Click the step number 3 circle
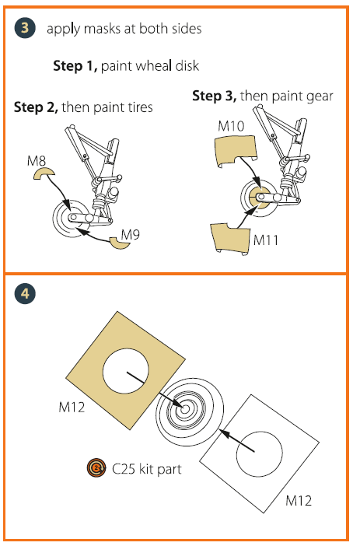click(x=25, y=28)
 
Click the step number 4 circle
click(x=25, y=293)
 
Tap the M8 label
click(x=37, y=161)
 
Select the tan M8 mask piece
click(x=44, y=173)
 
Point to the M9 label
click(x=130, y=235)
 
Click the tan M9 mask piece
click(x=120, y=243)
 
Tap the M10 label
click(x=231, y=126)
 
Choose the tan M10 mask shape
click(x=236, y=151)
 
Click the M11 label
click(x=266, y=240)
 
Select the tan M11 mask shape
click(x=230, y=239)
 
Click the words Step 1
click(x=75, y=66)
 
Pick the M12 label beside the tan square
click(x=72, y=407)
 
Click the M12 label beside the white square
click(x=299, y=501)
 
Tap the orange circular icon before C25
click(x=96, y=467)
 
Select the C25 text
click(x=124, y=469)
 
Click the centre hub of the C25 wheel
click(x=185, y=409)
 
